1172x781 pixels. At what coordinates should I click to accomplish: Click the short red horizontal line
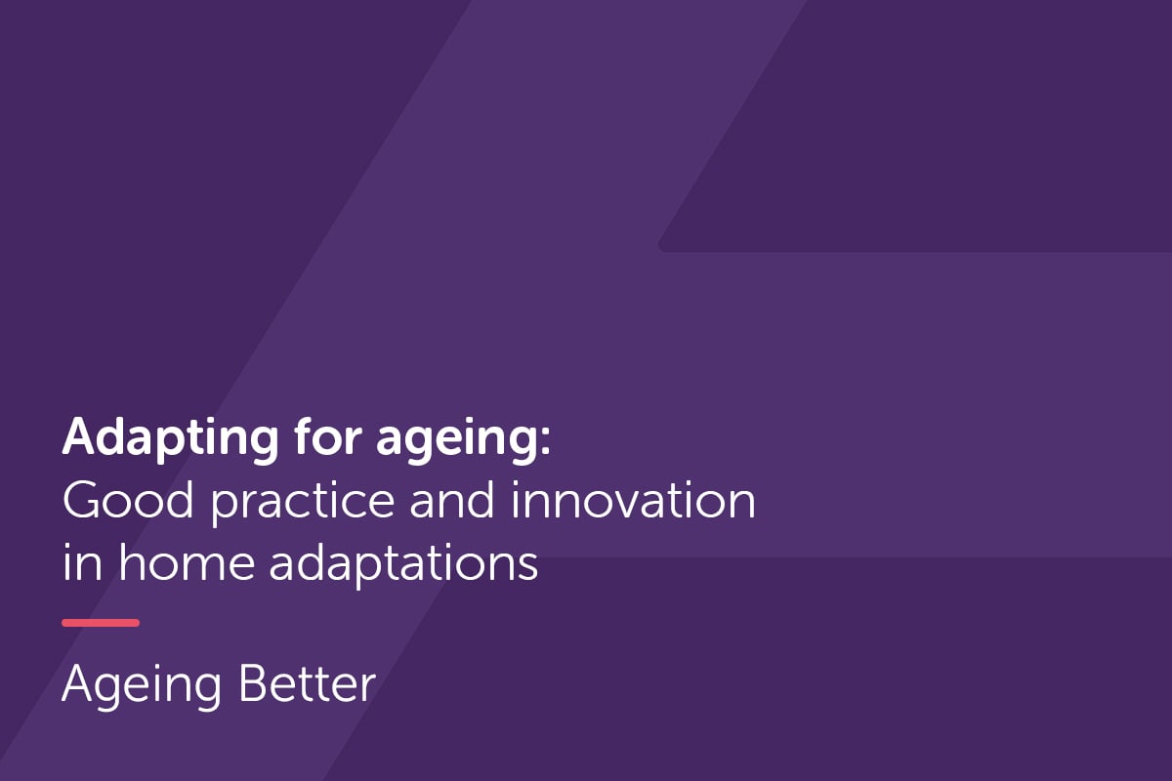click(x=101, y=623)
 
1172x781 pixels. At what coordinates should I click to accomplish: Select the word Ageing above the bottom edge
click(x=143, y=686)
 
